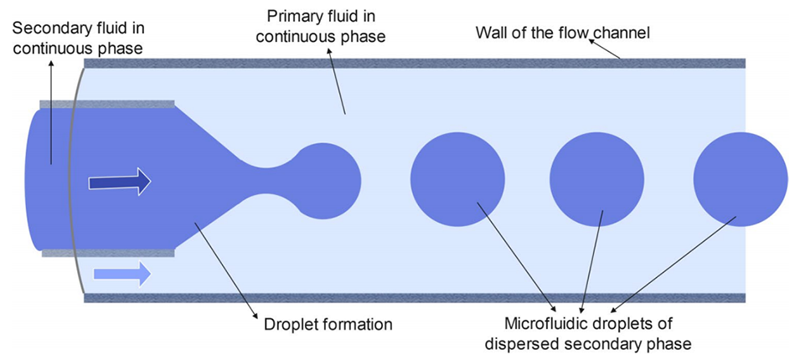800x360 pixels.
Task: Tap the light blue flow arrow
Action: [122, 272]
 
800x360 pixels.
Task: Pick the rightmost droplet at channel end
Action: [741, 179]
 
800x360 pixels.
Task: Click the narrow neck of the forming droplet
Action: [268, 179]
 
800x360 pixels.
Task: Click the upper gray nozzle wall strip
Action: [106, 104]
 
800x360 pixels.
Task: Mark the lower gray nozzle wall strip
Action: [106, 252]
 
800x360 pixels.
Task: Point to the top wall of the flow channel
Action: [419, 63]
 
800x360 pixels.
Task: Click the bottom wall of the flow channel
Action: [419, 296]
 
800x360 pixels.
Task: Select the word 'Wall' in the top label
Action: [492, 33]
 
